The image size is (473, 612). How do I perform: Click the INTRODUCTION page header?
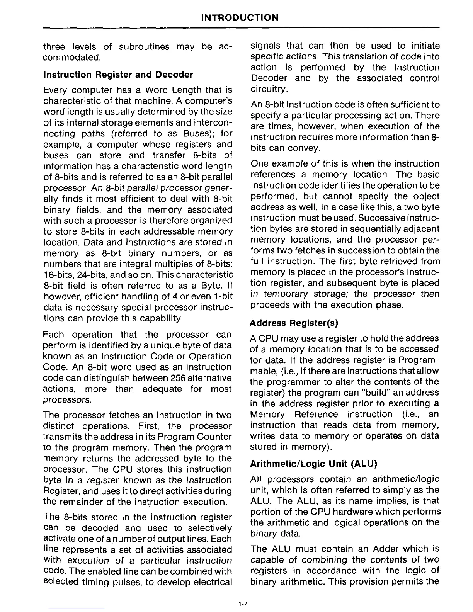coord(240,18)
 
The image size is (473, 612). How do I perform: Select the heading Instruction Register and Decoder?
coord(118,74)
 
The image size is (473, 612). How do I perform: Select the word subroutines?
coord(144,47)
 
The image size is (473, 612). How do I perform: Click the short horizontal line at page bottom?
coord(77,609)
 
